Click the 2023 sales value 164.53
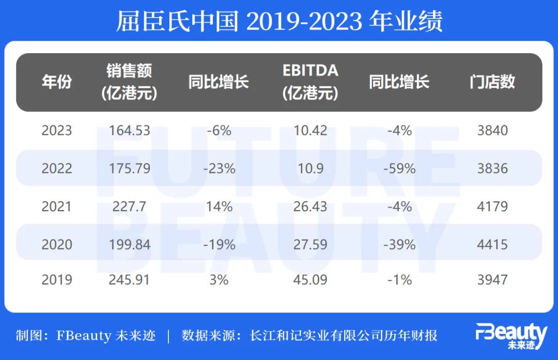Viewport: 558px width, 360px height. (130, 131)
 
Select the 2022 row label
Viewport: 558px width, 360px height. (57, 169)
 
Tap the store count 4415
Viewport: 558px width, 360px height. (492, 244)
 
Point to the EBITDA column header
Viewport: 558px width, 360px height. (311, 82)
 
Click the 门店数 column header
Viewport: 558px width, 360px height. (492, 82)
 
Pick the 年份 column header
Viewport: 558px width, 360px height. (57, 82)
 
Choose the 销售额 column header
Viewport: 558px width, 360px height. (130, 82)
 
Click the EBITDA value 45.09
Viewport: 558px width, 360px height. (311, 280)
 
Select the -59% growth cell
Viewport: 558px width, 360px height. (399, 169)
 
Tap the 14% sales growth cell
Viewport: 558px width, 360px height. (219, 207)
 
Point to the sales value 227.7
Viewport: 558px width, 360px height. (130, 207)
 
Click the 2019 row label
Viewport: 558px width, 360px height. (57, 280)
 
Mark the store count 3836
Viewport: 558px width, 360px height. (492, 169)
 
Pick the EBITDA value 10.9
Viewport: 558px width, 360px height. (311, 169)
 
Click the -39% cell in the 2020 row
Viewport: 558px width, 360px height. (399, 244)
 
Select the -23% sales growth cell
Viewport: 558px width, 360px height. (219, 169)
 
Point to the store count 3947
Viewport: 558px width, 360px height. (492, 280)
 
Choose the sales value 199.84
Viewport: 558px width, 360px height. (130, 244)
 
